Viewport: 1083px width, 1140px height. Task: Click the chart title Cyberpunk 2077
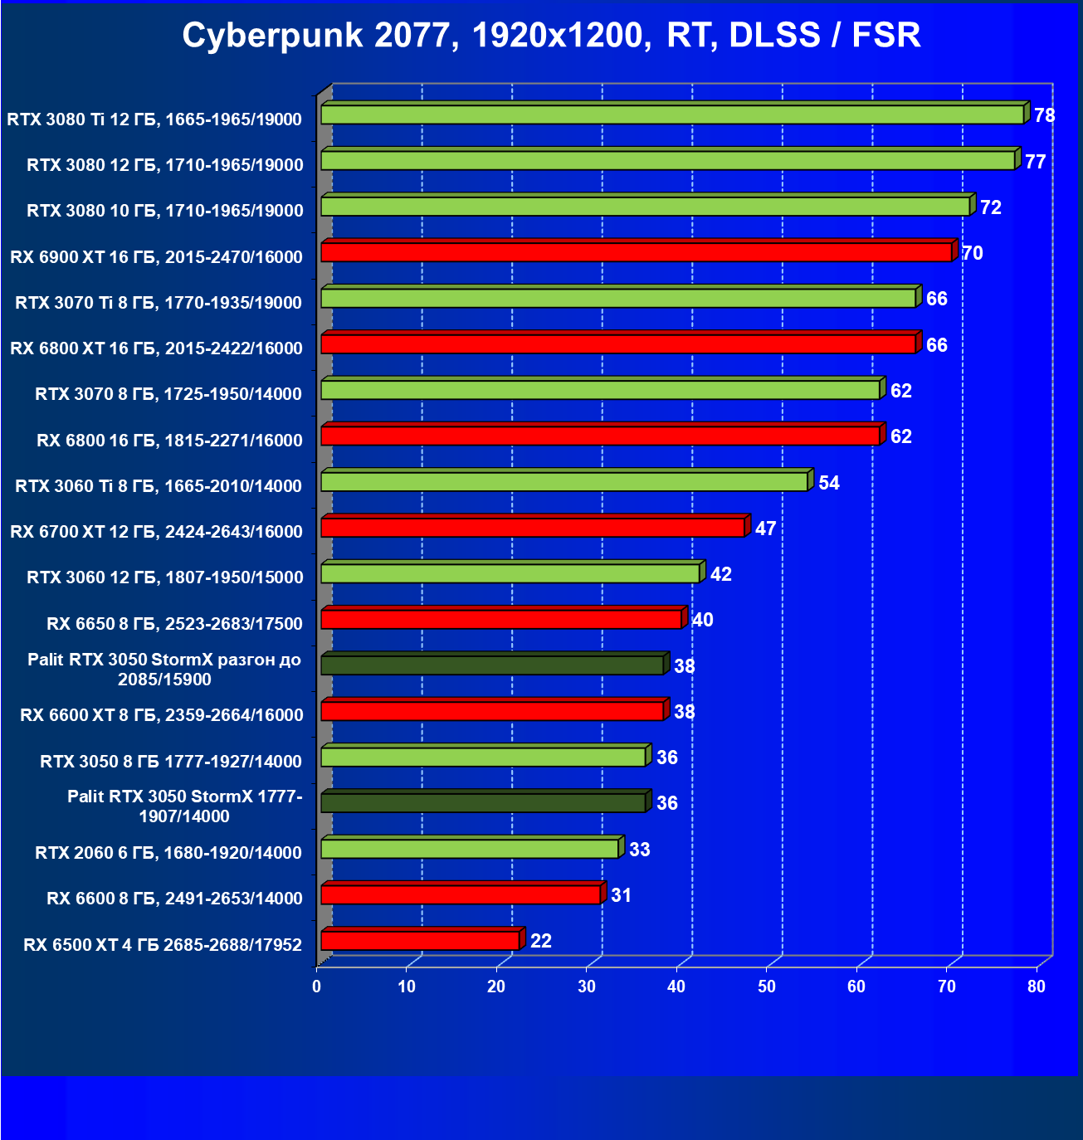click(x=551, y=36)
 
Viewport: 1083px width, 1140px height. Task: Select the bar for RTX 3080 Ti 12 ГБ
click(x=672, y=114)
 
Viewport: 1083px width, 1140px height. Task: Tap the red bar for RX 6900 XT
click(x=636, y=252)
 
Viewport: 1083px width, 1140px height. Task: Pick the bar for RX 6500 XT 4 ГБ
click(x=420, y=940)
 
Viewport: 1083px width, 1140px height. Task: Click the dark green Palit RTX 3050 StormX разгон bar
click(x=492, y=665)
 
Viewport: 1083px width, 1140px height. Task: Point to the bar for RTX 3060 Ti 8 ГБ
click(x=564, y=481)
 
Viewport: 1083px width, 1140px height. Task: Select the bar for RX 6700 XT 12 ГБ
click(x=533, y=528)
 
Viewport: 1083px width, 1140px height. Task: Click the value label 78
click(x=1044, y=115)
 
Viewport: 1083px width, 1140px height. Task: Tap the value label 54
click(x=828, y=483)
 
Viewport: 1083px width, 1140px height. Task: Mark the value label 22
click(x=540, y=941)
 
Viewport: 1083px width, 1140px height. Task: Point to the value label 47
click(x=765, y=529)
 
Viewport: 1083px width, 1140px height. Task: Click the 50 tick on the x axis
click(x=766, y=987)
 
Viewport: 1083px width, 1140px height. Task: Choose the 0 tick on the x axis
click(x=317, y=987)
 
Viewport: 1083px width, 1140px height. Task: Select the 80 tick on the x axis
click(x=1036, y=987)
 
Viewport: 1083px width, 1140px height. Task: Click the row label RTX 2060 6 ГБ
click(x=168, y=852)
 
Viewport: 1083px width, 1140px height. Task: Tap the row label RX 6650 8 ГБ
click(x=174, y=623)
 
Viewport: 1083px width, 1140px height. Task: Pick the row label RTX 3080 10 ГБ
click(x=165, y=211)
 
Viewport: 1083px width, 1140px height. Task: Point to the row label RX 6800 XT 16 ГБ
click(x=156, y=348)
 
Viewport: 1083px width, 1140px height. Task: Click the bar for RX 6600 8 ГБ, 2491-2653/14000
click(x=461, y=894)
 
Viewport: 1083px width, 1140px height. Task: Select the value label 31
click(x=621, y=895)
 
